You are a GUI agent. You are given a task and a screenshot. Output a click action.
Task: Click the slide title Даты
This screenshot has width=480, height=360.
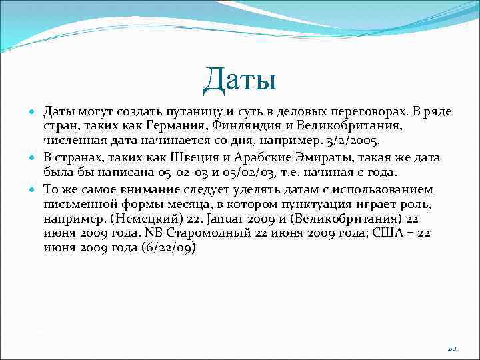pyautogui.click(x=240, y=81)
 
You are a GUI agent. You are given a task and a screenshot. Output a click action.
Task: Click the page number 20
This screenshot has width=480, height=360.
pyautogui.click(x=452, y=348)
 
